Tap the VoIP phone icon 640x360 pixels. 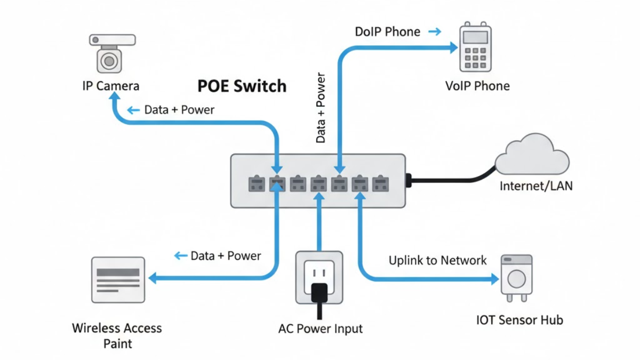coord(475,47)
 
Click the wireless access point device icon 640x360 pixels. coord(118,280)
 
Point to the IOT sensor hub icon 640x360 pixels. coord(516,277)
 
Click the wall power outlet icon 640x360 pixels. coord(319,277)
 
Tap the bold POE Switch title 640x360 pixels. coord(242,86)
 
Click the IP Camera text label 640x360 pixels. coord(110,86)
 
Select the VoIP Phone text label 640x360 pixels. coord(477,86)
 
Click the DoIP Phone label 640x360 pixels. coord(387,32)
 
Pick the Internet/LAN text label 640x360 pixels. coord(536,186)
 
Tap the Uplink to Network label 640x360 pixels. coord(437,260)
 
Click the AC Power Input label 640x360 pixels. coord(320,329)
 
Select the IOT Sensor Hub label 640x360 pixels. coord(519,320)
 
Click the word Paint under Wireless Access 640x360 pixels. coord(117,343)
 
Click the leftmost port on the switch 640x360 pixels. coord(257,184)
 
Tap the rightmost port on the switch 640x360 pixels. coord(380,184)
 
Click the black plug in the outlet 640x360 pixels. coord(319,293)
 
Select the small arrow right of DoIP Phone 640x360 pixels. coord(435,32)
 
